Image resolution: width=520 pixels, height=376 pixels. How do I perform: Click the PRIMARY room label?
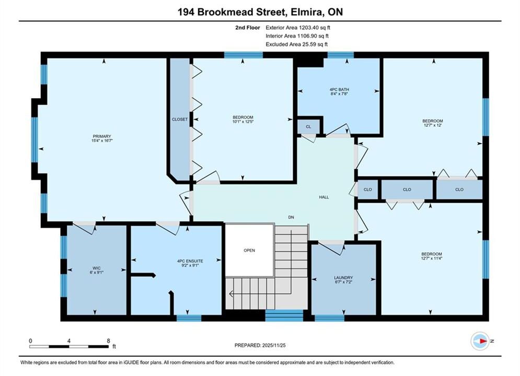pyautogui.click(x=102, y=136)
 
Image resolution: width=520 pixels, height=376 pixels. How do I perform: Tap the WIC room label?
pyautogui.click(x=97, y=268)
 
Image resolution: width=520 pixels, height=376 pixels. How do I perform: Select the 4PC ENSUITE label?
pyautogui.click(x=190, y=261)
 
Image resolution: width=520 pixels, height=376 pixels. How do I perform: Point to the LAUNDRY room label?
pyautogui.click(x=343, y=278)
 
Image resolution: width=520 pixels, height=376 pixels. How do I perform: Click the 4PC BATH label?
pyautogui.click(x=339, y=89)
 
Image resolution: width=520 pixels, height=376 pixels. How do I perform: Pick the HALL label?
pyautogui.click(x=324, y=197)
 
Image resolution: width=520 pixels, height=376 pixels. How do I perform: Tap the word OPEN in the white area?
pyautogui.click(x=249, y=251)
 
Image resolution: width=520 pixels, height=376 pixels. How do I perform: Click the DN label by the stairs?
pyautogui.click(x=291, y=217)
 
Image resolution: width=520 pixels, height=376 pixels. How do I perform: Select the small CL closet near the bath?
pyautogui.click(x=308, y=126)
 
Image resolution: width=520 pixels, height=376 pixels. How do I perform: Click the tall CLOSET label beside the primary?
pyautogui.click(x=180, y=119)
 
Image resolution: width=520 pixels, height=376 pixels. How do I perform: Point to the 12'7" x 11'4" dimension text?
pyautogui.click(x=432, y=258)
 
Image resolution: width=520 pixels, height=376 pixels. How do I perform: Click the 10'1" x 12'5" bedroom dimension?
pyautogui.click(x=243, y=122)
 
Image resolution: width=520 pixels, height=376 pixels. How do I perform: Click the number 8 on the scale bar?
pyautogui.click(x=109, y=340)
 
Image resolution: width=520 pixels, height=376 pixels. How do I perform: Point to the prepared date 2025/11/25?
pyautogui.click(x=274, y=345)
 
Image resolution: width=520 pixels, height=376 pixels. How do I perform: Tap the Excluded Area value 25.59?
pyautogui.click(x=308, y=44)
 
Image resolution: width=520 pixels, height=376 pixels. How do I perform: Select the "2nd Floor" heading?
pyautogui.click(x=248, y=28)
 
